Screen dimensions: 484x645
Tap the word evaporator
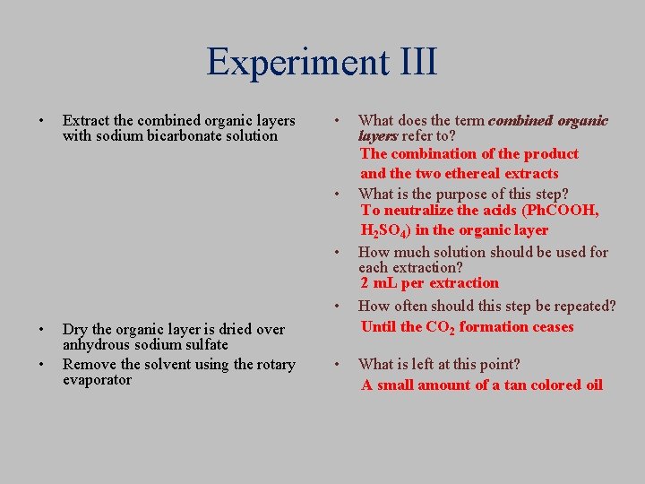pyautogui.click(x=98, y=380)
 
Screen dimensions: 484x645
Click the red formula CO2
pyautogui.click(x=441, y=328)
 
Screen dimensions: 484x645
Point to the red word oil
pyautogui.click(x=592, y=385)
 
